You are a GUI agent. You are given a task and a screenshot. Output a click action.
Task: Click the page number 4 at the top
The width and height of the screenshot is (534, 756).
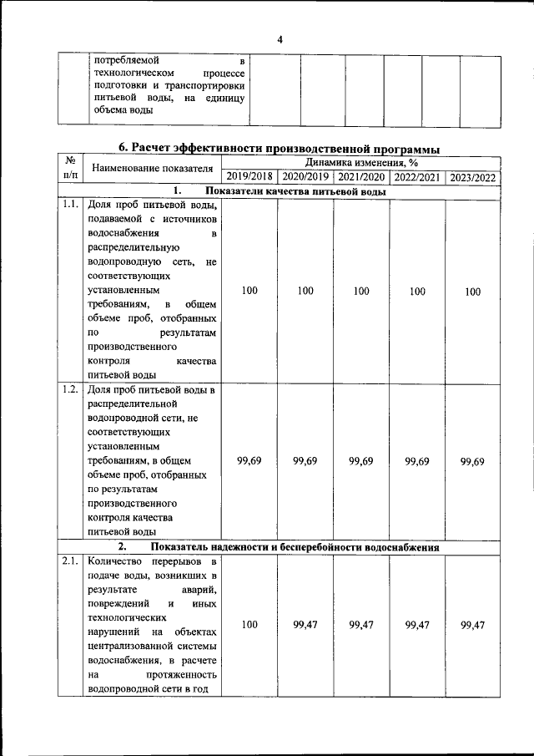tap(280, 39)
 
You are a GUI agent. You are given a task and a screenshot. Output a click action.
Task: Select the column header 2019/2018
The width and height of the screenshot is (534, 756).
tap(249, 177)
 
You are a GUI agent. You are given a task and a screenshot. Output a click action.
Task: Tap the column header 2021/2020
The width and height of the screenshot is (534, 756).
tap(361, 177)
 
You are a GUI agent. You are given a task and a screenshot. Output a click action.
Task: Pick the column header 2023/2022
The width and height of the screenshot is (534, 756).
tap(473, 177)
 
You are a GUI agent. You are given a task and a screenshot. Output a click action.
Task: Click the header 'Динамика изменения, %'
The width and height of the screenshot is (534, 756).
tap(361, 162)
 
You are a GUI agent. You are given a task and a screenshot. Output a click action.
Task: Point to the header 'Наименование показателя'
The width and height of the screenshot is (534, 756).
tap(152, 169)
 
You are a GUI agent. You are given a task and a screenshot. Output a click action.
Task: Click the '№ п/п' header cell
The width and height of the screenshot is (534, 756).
tap(70, 169)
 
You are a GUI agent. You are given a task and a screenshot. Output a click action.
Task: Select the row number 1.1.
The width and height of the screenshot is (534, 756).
tap(70, 205)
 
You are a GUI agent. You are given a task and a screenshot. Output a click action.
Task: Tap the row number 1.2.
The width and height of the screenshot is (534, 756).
tap(70, 390)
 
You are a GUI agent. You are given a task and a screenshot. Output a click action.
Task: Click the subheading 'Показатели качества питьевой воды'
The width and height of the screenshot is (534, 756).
tap(295, 191)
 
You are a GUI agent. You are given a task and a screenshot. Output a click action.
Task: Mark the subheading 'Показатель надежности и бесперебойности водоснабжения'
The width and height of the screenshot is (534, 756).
tap(295, 547)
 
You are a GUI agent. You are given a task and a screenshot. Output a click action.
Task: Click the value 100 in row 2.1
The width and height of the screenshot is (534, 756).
tap(249, 625)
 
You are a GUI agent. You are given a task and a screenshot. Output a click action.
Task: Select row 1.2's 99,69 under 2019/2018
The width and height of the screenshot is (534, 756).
tap(249, 461)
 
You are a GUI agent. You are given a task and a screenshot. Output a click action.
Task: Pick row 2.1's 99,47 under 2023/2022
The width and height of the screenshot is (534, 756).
tap(473, 625)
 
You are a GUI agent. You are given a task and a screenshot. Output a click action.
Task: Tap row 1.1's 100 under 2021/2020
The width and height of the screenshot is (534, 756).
tap(361, 292)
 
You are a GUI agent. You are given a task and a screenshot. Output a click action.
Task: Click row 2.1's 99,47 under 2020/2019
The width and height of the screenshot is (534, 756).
tap(305, 625)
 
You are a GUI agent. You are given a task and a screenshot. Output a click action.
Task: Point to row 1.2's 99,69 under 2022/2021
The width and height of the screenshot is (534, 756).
tap(417, 461)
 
